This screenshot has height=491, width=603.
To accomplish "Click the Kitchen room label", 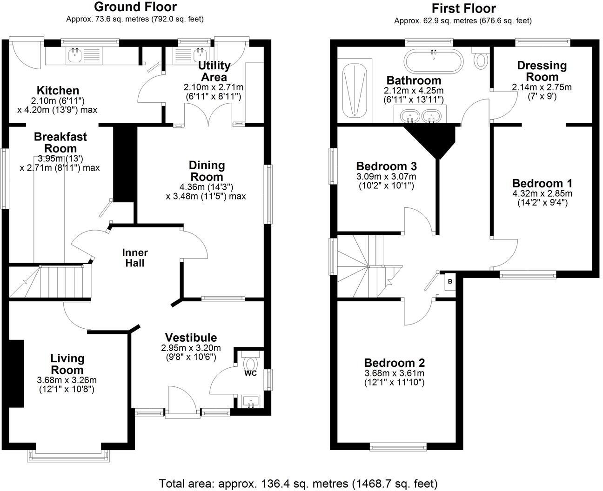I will tap(58, 90).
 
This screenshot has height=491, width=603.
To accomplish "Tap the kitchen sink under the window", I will tap(74, 56).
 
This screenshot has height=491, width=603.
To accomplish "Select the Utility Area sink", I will tap(201, 56).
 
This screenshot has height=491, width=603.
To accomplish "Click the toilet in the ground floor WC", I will tap(251, 362).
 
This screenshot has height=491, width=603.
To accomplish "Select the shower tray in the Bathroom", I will tap(355, 91).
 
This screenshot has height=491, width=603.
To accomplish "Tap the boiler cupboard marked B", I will tap(450, 281).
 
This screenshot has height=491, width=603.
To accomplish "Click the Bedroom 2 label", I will tap(394, 363).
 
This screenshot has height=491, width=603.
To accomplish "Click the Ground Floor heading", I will tap(135, 7).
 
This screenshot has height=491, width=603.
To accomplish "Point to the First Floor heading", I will tap(463, 8).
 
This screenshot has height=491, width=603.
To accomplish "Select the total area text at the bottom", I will tap(298, 483).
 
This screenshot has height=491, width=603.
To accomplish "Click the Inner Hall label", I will tap(135, 258).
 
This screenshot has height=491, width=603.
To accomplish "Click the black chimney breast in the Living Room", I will tap(16, 373).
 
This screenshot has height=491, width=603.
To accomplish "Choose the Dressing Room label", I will tap(542, 71).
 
